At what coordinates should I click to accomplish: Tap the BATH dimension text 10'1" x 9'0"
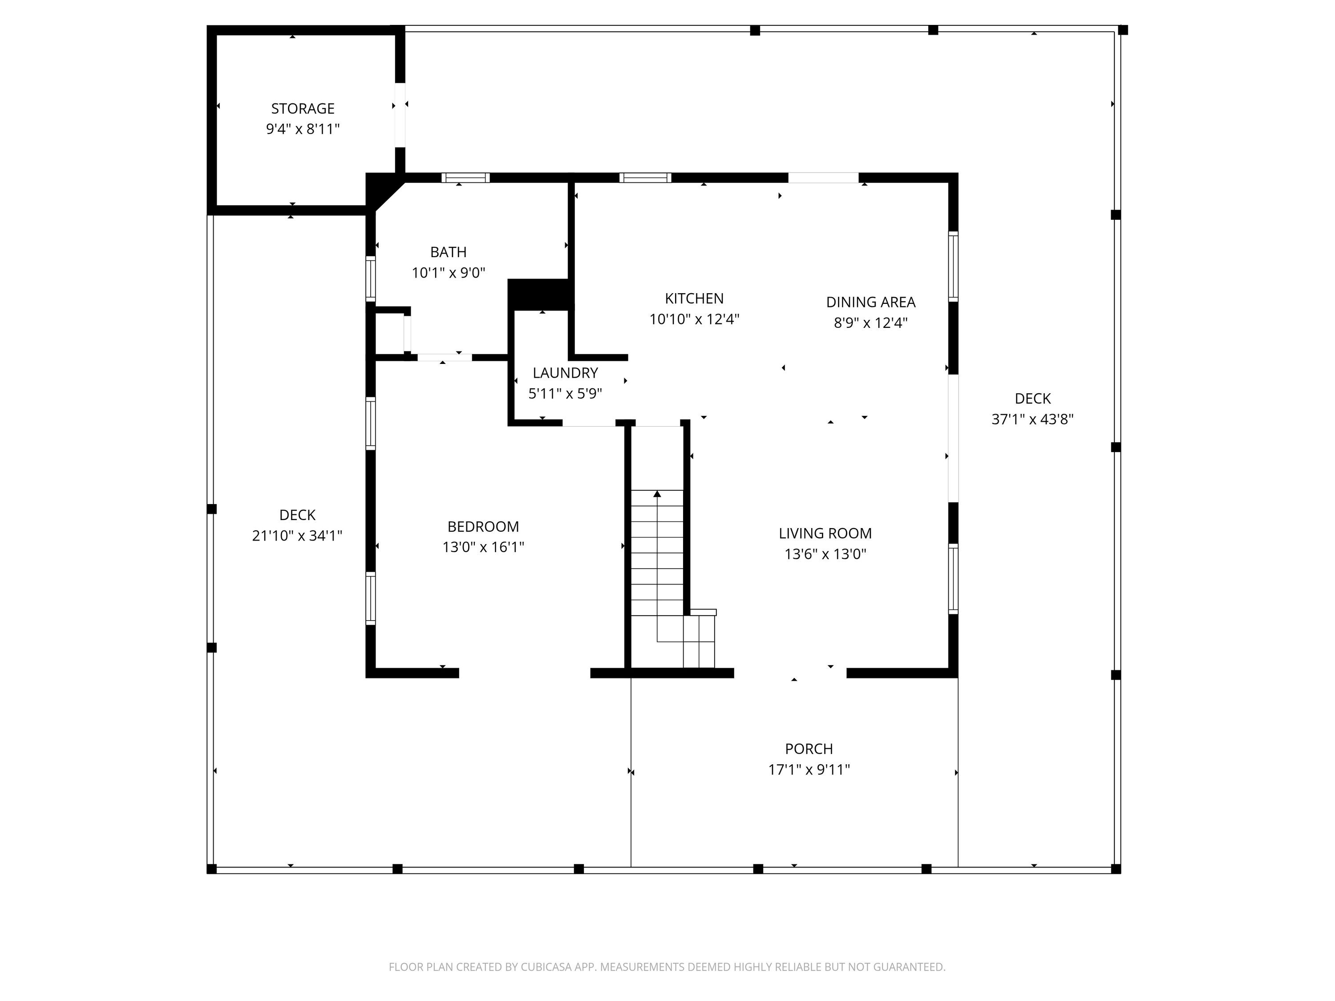[449, 273]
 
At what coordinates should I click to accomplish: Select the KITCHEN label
[694, 299]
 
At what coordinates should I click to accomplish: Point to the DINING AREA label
[870, 302]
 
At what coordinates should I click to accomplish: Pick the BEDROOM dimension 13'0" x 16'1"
[483, 547]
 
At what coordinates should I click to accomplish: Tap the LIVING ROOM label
[825, 533]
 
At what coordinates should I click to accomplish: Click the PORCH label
[809, 749]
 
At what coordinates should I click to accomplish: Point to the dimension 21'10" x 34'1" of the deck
[297, 536]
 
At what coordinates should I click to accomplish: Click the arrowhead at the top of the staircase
[657, 494]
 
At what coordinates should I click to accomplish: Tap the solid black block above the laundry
[540, 295]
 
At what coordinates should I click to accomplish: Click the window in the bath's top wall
[465, 178]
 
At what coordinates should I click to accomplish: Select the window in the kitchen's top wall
[645, 178]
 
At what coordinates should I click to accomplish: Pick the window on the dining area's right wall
[953, 266]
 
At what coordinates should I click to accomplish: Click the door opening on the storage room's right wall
[400, 115]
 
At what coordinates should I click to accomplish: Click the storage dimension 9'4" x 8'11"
[303, 129]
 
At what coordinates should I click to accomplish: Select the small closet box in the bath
[391, 332]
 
